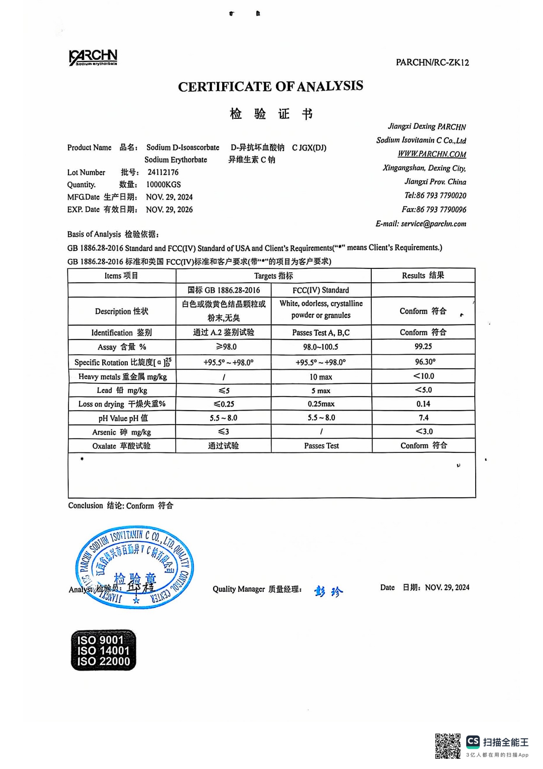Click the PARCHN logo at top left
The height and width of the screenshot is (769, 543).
pos(93,58)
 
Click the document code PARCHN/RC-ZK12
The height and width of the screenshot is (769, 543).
pos(432,62)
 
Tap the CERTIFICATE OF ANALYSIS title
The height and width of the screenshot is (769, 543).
pos(270,86)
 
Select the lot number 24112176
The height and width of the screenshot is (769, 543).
pos(163,172)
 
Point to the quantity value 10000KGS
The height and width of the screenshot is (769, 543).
pos(163,185)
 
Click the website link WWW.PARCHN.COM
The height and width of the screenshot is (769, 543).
pos(432,154)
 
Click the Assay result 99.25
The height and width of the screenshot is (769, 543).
pos(423,346)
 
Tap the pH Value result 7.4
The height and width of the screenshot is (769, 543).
pos(423,418)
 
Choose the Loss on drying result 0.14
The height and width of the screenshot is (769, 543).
pos(423,404)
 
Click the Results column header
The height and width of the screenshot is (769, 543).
pos(423,275)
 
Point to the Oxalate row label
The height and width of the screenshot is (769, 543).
pos(121,446)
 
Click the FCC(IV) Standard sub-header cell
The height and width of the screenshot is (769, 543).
pos(321,290)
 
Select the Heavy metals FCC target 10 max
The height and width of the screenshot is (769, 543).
pos(321,377)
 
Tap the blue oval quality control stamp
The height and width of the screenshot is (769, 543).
pos(135,567)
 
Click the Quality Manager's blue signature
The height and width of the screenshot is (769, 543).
pos(328,591)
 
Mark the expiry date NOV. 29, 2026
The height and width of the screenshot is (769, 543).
pos(169,210)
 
